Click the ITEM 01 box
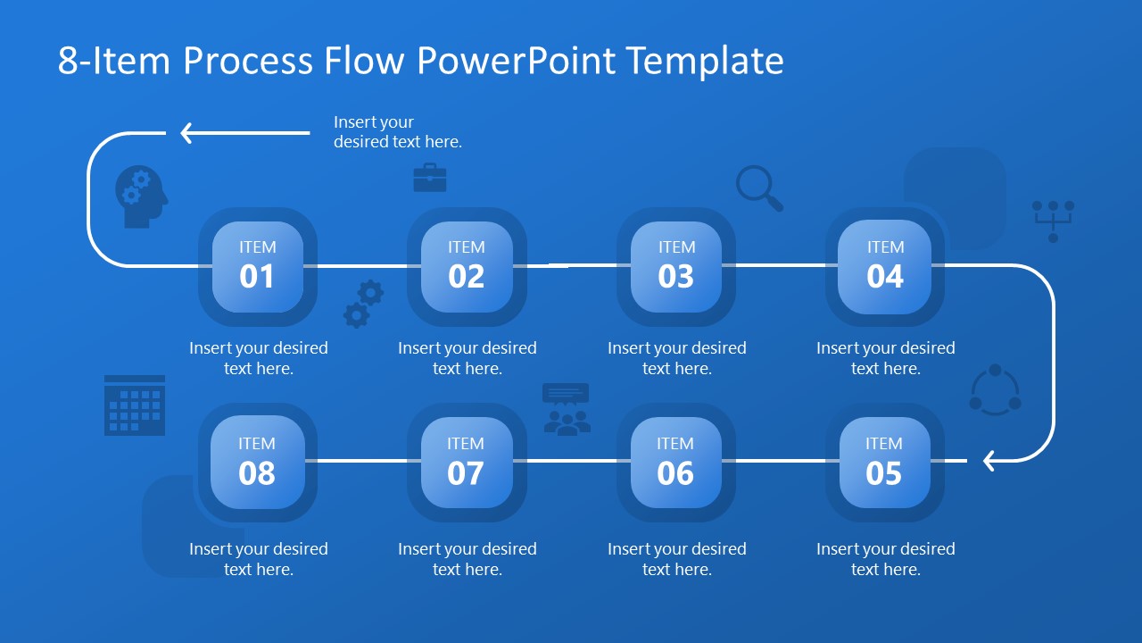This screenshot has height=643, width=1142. pos(257,267)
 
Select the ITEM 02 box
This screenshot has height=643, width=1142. pos(467,267)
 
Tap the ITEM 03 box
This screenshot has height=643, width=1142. pos(676,267)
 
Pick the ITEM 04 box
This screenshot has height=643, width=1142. pos(885,267)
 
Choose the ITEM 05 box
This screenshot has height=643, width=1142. pos(884,463)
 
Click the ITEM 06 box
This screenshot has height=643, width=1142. pos(675,463)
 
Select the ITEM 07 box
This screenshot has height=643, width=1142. pos(466,463)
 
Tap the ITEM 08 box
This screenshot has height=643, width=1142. pos(257,463)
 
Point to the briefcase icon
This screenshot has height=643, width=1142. pos(429,178)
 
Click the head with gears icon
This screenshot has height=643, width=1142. pos(140,196)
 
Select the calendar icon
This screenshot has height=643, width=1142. pos(135,405)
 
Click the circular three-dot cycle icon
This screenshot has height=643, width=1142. pos(995,390)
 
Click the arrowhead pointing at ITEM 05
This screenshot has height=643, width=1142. pos(989,461)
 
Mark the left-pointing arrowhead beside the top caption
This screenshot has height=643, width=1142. pos(186,133)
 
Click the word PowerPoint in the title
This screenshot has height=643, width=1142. pos(516,61)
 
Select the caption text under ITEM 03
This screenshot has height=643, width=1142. pos(676,358)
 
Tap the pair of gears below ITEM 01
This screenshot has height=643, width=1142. pos(364,304)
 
